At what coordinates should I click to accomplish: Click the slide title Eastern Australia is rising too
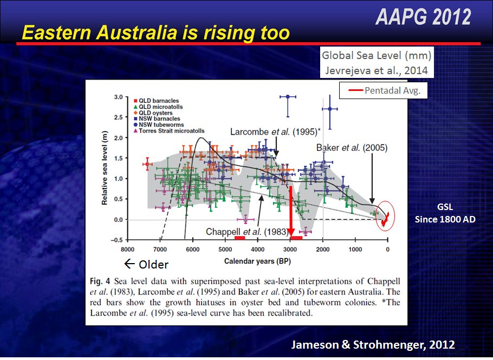coord(155,33)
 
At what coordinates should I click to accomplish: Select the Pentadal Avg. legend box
coord(384,91)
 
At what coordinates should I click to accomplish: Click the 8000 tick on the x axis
coord(128,250)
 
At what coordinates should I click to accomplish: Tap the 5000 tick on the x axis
coord(225,250)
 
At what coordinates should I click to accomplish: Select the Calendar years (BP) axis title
coord(257,261)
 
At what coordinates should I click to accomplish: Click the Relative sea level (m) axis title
coord(106,168)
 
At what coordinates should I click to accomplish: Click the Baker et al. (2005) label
coord(352,147)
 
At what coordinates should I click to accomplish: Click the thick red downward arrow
coord(291,211)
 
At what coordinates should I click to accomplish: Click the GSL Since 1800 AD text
coord(445,213)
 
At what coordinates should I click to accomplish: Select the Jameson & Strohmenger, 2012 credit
coord(373,344)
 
